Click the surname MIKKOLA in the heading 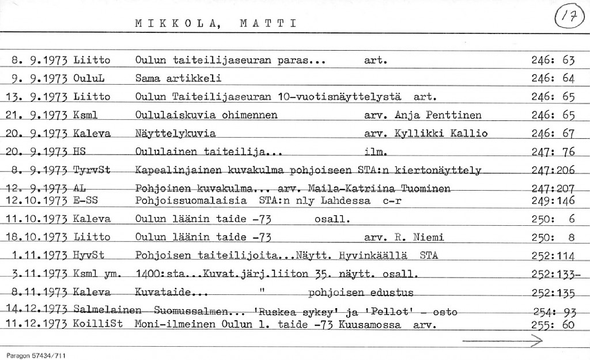(173, 24)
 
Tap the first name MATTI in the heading (267, 24)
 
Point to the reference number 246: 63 (553, 59)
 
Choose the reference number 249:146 (553, 200)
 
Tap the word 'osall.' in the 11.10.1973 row (332, 219)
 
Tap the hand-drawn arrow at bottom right (503, 342)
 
